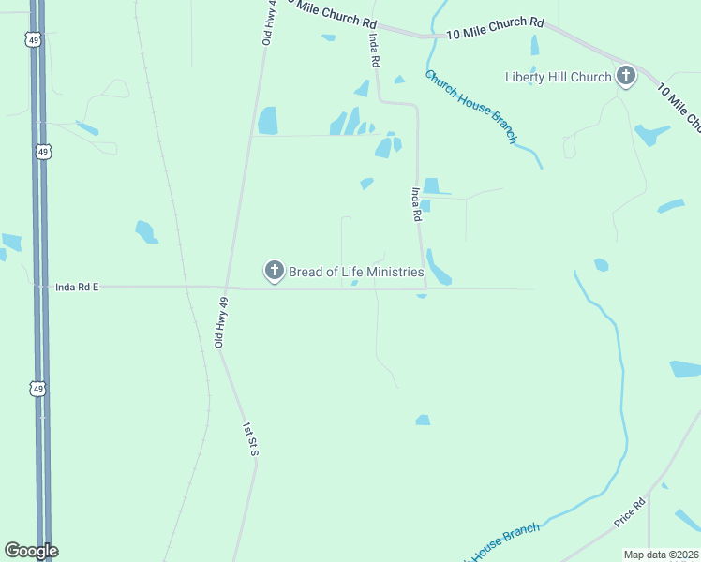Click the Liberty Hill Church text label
click(x=558, y=77)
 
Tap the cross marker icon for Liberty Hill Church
click(x=626, y=76)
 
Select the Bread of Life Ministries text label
click(x=355, y=272)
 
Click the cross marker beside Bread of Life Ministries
click(x=274, y=272)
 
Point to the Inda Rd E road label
click(x=77, y=288)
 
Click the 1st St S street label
click(x=249, y=439)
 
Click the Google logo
click(x=31, y=551)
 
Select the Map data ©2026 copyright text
click(x=661, y=555)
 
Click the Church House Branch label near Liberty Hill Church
click(x=470, y=106)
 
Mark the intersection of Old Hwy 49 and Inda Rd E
click(x=226, y=288)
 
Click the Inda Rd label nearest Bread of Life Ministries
click(x=415, y=203)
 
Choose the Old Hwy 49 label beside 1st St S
click(x=222, y=322)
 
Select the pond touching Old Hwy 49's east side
click(x=268, y=120)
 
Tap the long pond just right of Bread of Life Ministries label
click(x=439, y=267)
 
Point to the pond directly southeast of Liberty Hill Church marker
click(x=648, y=134)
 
